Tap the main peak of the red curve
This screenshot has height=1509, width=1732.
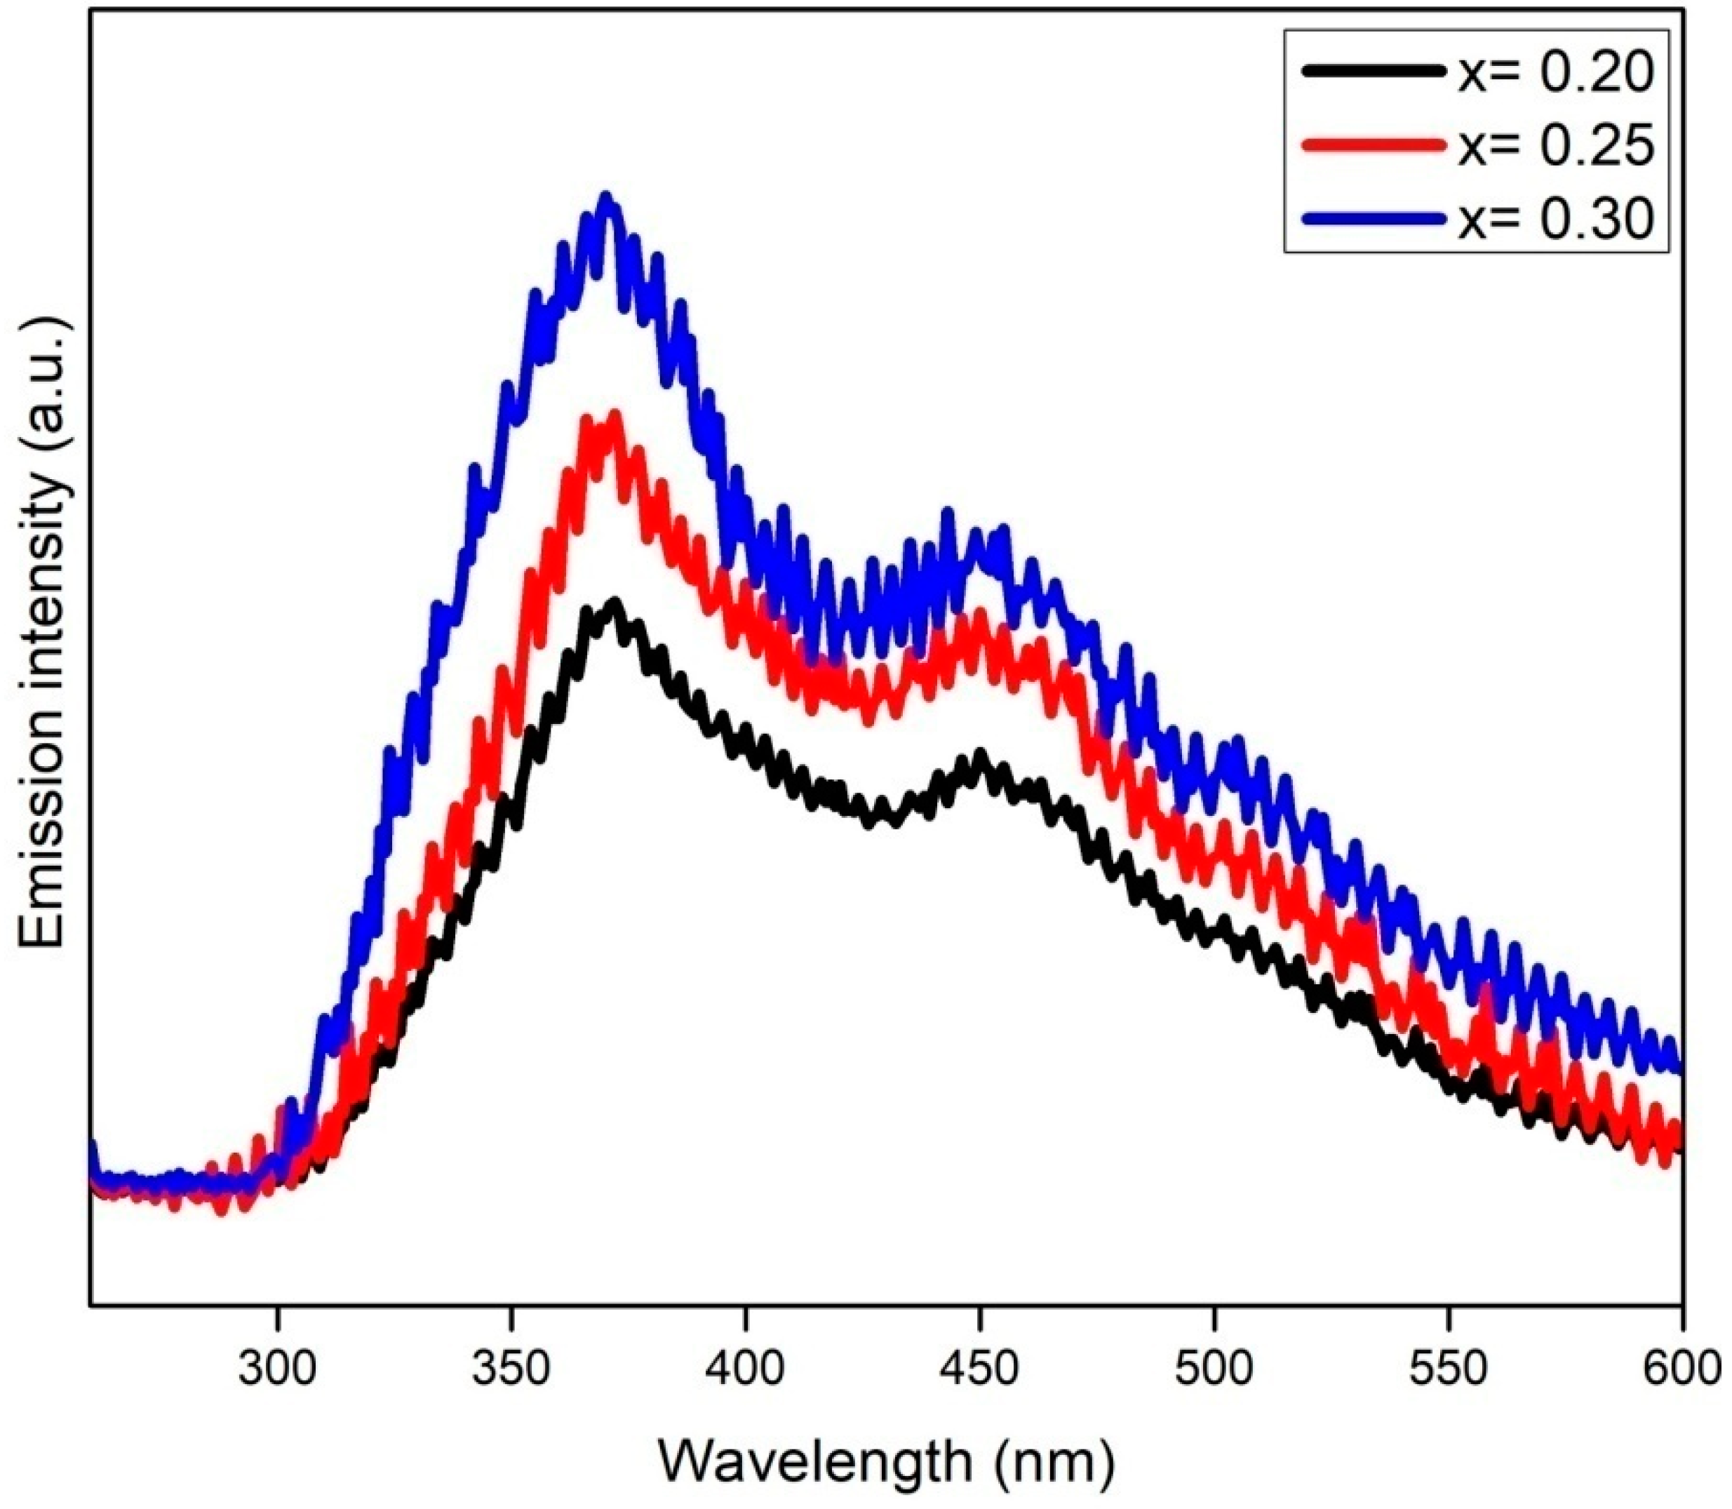[x=614, y=417]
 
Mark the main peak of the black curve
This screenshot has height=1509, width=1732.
[x=614, y=604]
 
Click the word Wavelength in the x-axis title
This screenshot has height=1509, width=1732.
[x=813, y=1462]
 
